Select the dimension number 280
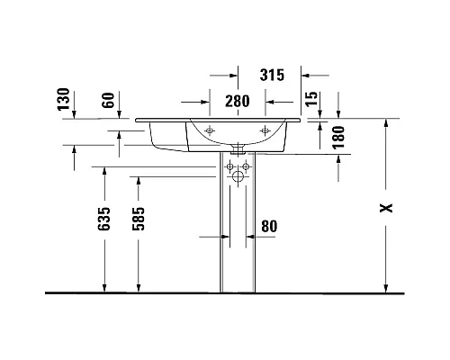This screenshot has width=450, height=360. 237,102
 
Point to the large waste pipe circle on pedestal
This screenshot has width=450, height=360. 238,178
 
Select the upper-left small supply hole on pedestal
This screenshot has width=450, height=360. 231,166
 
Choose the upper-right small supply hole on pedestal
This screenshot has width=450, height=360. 246,166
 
